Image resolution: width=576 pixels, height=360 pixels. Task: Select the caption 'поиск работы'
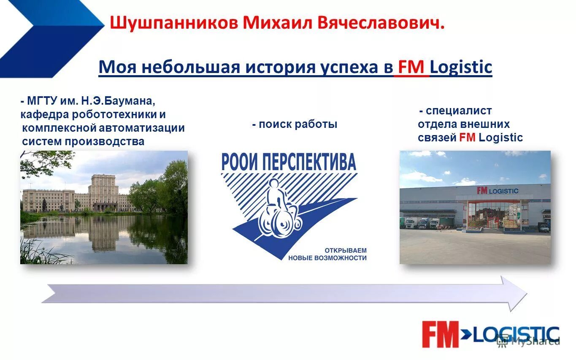pyautogui.click(x=295, y=125)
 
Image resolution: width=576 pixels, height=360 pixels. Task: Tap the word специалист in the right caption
pyautogui.click(x=459, y=111)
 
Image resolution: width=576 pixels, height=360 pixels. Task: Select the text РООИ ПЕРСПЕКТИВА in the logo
pyautogui.click(x=289, y=162)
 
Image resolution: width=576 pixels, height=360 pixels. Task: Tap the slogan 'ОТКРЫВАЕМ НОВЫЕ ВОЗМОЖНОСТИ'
pyautogui.click(x=327, y=254)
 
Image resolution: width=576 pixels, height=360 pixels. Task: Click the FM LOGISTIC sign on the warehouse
pyautogui.click(x=498, y=191)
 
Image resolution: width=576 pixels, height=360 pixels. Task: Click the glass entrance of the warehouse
pyautogui.click(x=493, y=216)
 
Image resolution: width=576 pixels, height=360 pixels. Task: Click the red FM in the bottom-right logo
pyautogui.click(x=440, y=334)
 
